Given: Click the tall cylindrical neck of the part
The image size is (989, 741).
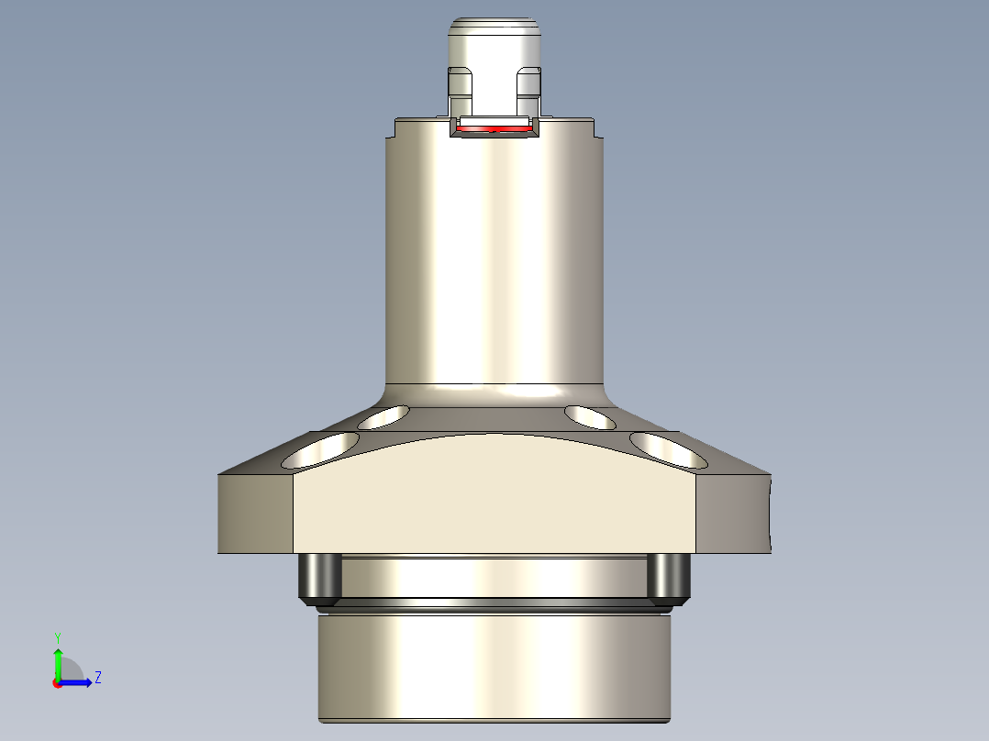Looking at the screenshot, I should pyautogui.click(x=494, y=257).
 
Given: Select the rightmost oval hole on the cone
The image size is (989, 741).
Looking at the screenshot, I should pyautogui.click(x=668, y=448).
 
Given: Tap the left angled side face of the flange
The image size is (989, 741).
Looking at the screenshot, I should pyautogui.click(x=255, y=514).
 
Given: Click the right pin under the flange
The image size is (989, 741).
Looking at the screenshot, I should pyautogui.click(x=668, y=576).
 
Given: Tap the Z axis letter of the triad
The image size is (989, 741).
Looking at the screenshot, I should pyautogui.click(x=97, y=678).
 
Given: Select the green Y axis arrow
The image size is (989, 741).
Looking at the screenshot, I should pyautogui.click(x=58, y=660).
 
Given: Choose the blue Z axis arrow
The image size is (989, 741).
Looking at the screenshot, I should pyautogui.click(x=78, y=681).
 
